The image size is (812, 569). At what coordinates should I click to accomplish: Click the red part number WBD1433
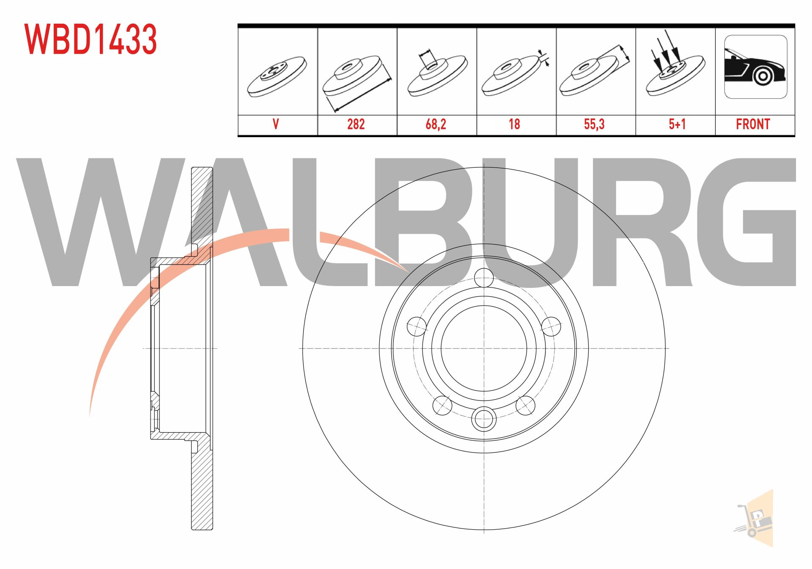click(x=91, y=39)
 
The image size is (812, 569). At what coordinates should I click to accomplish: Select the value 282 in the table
click(x=356, y=124)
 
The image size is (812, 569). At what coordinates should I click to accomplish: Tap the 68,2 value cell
click(x=436, y=124)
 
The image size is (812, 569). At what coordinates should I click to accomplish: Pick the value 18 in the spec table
click(x=514, y=124)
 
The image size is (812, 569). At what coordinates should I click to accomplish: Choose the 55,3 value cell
click(x=594, y=124)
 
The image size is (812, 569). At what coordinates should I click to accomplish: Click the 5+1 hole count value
click(x=677, y=124)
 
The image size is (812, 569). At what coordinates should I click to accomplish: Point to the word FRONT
click(x=753, y=124)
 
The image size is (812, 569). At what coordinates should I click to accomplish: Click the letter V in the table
click(x=276, y=124)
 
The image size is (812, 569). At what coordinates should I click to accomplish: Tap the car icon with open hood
click(x=755, y=67)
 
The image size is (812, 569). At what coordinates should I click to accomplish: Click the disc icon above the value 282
click(x=356, y=76)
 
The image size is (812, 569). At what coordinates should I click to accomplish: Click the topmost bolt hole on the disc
click(x=484, y=278)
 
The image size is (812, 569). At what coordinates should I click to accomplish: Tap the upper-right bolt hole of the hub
click(x=551, y=326)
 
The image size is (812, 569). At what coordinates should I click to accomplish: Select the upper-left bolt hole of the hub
click(x=417, y=326)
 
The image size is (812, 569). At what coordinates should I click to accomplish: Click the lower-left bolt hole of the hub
click(x=442, y=406)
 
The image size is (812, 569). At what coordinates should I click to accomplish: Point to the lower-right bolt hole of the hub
click(x=525, y=406)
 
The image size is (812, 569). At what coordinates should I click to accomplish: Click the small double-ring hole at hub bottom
click(x=484, y=419)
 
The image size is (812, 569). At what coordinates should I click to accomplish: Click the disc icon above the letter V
click(x=277, y=76)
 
